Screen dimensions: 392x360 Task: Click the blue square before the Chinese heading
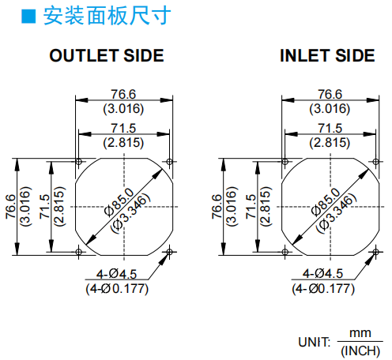coord(28,17)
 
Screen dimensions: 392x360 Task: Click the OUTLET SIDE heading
coord(107,55)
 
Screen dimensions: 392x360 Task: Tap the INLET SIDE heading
coord(327,55)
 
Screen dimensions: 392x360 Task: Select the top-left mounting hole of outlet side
coord(78,161)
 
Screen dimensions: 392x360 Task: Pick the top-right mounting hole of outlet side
coord(169,161)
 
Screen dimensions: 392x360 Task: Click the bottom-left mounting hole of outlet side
coord(78,252)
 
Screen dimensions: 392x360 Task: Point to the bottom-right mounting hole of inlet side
coord(375,252)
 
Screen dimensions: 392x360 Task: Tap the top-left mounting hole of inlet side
coord(285,161)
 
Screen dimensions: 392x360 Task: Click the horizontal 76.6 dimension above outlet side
coord(123,94)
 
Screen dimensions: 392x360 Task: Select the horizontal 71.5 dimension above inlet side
coord(330,128)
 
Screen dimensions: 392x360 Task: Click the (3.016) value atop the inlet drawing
coord(330,109)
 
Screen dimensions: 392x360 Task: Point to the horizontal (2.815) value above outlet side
coord(123,143)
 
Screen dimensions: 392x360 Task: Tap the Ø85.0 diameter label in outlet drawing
coord(119,202)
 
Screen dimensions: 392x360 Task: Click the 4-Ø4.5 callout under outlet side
coord(116,274)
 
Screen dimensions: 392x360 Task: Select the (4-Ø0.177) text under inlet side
coord(323,289)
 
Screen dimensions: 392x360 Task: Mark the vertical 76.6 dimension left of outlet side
coord(11,207)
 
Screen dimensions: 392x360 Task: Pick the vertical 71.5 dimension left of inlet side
coord(251,207)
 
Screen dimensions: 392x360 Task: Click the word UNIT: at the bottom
coord(314,342)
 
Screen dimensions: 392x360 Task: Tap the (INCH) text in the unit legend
coord(360,351)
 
